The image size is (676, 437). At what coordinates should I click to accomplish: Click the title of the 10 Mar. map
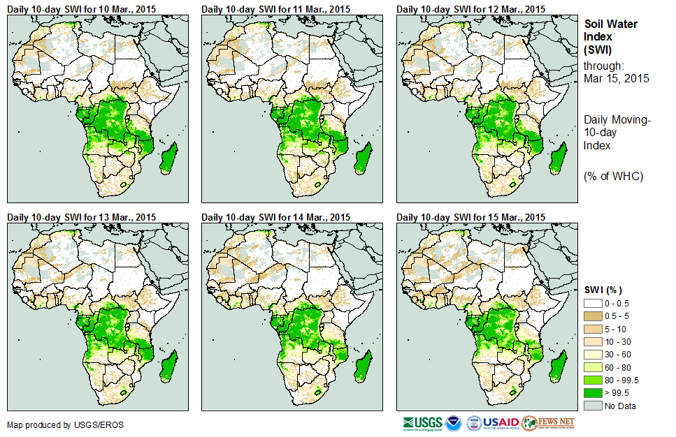pyautogui.click(x=81, y=8)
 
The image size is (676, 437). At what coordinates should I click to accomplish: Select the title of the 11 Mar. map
pyautogui.click(x=275, y=8)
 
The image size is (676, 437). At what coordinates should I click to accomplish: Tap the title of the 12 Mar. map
pyautogui.click(x=470, y=8)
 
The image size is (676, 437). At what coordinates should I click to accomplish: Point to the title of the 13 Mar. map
pyautogui.click(x=81, y=218)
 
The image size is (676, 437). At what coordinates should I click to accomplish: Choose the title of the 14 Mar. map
pyautogui.click(x=275, y=218)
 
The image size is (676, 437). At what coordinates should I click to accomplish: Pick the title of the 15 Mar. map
pyautogui.click(x=470, y=218)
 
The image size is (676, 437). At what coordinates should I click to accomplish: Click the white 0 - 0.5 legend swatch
pyautogui.click(x=593, y=304)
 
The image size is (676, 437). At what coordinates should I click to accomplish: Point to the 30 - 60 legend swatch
pyautogui.click(x=593, y=355)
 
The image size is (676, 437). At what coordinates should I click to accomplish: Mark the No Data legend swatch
pyautogui.click(x=593, y=406)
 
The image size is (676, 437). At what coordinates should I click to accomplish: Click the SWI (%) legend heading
pyautogui.click(x=603, y=290)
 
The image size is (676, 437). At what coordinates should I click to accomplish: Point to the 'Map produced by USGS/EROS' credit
pyautogui.click(x=65, y=424)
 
